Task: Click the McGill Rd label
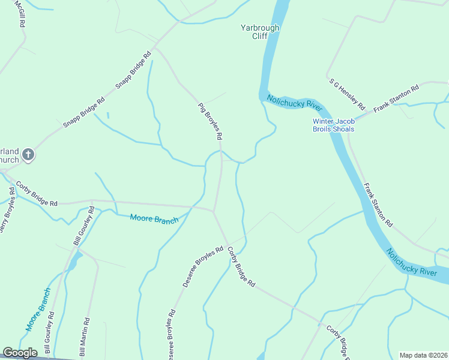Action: [21, 13]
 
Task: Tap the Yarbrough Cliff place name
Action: [260, 32]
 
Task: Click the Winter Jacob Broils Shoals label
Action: [333, 125]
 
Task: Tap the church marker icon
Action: [28, 156]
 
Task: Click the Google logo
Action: [20, 353]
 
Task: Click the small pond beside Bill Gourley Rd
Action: [74, 261]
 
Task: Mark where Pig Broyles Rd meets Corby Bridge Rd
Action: [214, 211]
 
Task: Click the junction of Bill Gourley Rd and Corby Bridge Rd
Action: [91, 200]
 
